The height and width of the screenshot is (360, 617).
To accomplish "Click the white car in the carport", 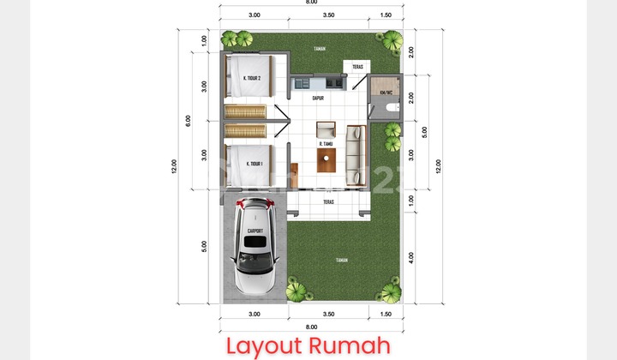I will tap(254, 249).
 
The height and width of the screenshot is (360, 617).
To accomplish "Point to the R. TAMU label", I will tap(326, 144).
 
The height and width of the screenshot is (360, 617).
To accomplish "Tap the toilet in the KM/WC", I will tap(392, 106).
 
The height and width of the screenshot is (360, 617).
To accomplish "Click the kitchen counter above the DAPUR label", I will tap(316, 83).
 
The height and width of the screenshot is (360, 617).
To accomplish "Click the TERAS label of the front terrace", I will tap(328, 203).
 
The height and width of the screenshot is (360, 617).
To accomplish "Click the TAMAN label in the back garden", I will tap(319, 49).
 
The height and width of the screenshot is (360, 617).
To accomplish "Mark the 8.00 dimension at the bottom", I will tap(311, 327).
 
